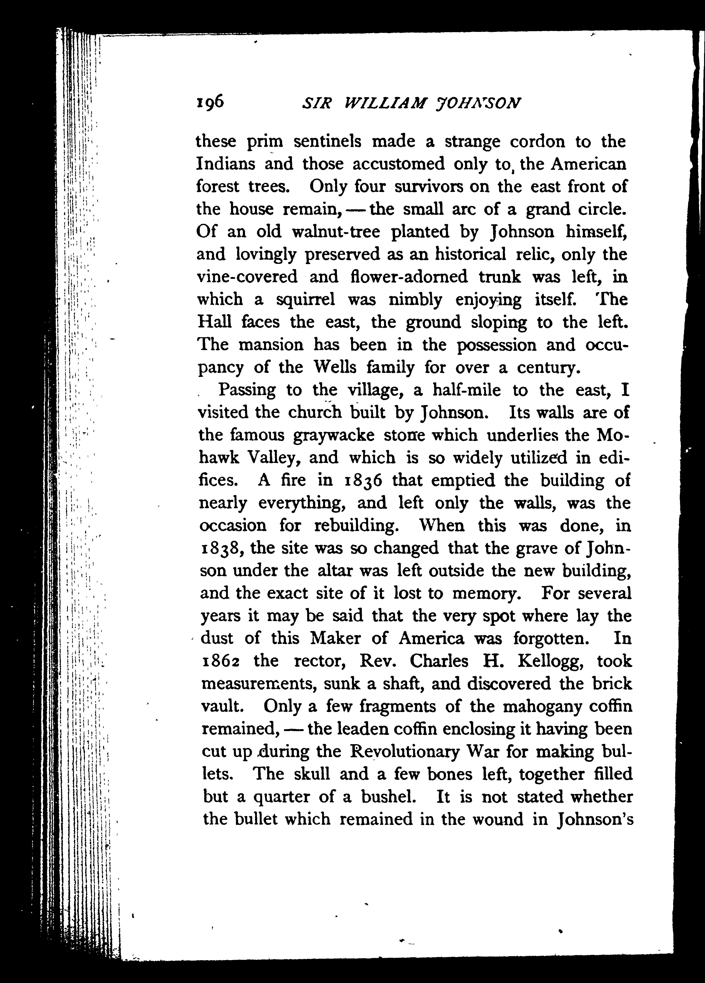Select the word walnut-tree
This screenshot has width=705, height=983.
(x=336, y=232)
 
